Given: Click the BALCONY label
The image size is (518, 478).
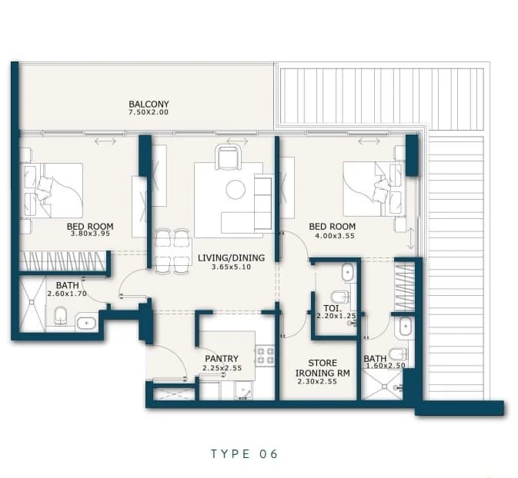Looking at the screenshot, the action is tap(149, 105).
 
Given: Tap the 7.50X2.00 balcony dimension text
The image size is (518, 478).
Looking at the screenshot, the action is tap(149, 112).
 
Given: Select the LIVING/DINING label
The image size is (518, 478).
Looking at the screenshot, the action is tap(231, 257).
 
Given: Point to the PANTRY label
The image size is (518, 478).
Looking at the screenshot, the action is tap(222, 359).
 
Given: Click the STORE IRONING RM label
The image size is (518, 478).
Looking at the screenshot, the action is tap(322, 368).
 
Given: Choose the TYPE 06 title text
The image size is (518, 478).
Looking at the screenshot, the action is tap(245, 454).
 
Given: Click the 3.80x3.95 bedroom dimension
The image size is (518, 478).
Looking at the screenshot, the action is tap(90, 234).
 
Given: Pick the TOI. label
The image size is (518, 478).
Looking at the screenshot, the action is tap(330, 308).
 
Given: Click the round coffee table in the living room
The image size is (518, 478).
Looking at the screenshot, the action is tap(236, 189).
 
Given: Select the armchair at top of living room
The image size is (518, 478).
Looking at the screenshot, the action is tap(228, 158).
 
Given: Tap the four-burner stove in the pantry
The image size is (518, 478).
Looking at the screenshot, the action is tap(265, 355).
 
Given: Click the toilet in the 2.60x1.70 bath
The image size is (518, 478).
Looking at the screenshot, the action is tap(61, 315).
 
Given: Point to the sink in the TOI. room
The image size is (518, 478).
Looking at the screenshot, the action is tap(348, 273).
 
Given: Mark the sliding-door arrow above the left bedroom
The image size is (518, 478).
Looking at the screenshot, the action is tap(105, 141).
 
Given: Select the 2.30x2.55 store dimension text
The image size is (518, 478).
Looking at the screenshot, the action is tap(317, 382).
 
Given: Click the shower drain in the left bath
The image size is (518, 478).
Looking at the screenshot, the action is tap(32, 302).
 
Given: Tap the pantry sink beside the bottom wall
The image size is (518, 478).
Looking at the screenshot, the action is tap(243, 391).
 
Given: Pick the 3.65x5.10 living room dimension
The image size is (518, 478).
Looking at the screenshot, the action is tap(231, 267).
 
